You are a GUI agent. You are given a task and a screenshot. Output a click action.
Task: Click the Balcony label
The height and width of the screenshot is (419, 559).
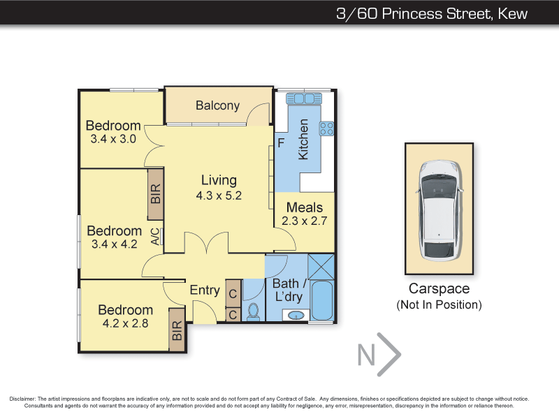pyautogui.click(x=217, y=105)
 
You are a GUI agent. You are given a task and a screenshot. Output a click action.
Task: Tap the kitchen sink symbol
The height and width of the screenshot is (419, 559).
pyautogui.click(x=304, y=98)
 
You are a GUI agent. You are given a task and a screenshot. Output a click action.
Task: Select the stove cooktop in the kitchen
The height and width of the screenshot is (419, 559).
pyautogui.click(x=326, y=128)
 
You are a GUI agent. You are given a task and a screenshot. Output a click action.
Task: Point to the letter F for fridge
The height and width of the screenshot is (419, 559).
pyautogui.click(x=281, y=143)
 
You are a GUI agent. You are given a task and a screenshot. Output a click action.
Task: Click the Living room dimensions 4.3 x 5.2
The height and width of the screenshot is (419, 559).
pyautogui.click(x=219, y=196)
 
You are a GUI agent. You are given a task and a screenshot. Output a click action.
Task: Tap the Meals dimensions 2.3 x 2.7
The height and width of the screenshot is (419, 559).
pyautogui.click(x=305, y=221)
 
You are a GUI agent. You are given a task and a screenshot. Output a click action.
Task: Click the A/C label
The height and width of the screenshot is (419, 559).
pyautogui.click(x=155, y=237)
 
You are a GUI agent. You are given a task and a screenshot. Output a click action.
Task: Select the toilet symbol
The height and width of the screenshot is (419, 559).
pyautogui.click(x=254, y=311)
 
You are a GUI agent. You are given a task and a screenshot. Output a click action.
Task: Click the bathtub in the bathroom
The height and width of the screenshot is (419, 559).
pyautogui.click(x=322, y=300)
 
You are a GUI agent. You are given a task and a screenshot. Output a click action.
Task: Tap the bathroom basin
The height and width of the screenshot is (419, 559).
pyautogui.click(x=296, y=316)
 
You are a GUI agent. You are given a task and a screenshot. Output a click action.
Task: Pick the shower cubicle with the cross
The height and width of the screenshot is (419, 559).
pyautogui.click(x=321, y=267)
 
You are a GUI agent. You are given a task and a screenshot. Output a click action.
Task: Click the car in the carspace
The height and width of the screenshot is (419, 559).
pyautogui.click(x=440, y=209)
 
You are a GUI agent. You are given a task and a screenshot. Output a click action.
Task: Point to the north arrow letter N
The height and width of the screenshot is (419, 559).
pyautogui.click(x=366, y=355)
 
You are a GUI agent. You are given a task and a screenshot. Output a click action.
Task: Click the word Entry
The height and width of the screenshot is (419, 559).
pyautogui.click(x=205, y=290)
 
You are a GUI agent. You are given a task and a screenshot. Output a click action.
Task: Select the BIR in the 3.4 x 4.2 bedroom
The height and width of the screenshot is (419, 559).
pyautogui.click(x=155, y=194)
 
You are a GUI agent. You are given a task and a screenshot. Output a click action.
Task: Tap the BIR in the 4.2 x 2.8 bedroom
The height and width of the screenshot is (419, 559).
pyautogui.click(x=177, y=330)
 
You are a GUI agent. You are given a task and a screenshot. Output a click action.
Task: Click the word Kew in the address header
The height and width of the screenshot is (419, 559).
pyautogui.click(x=513, y=13)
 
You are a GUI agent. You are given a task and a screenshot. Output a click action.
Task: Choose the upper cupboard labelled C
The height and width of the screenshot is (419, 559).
pyautogui.click(x=233, y=294)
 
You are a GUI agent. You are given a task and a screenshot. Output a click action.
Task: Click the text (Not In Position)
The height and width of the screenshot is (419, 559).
pyautogui.click(x=440, y=305)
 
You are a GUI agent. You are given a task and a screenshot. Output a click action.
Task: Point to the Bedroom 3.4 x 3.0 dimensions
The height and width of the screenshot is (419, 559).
pyautogui.click(x=113, y=139)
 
